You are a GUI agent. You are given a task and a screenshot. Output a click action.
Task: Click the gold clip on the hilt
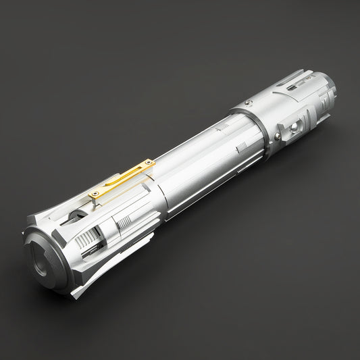[122, 179]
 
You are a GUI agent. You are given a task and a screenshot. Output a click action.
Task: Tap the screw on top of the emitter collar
[248, 102]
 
